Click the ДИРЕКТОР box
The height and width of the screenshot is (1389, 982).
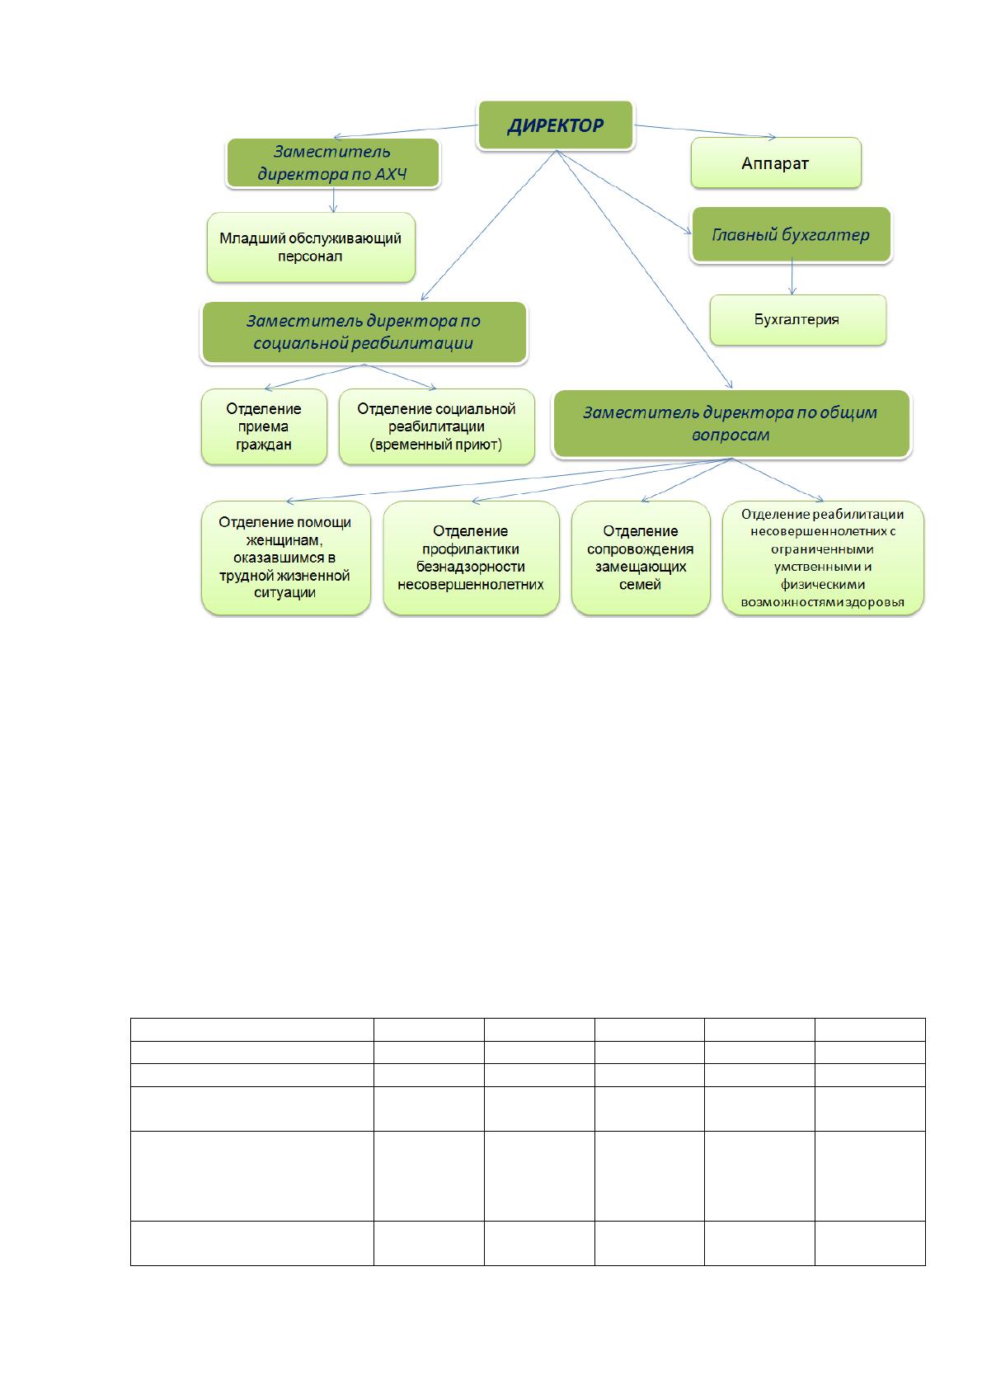(x=556, y=125)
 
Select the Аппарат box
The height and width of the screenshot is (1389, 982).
(x=776, y=163)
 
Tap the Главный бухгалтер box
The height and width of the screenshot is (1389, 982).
(x=791, y=234)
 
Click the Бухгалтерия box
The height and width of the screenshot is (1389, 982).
(x=798, y=320)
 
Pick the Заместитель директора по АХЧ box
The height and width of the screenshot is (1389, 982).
(x=333, y=162)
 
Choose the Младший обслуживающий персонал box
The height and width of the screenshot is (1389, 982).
(x=311, y=247)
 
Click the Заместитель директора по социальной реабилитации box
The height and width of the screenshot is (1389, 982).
(x=364, y=332)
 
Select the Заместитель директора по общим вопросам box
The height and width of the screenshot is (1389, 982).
(x=731, y=423)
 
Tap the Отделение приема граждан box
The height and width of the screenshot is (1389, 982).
(x=264, y=426)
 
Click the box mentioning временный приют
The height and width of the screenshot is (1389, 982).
(x=436, y=426)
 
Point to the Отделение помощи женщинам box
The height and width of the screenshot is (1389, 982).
(x=286, y=558)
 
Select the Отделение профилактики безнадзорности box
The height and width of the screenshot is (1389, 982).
(x=471, y=558)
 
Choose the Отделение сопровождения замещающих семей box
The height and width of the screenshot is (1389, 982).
(x=641, y=558)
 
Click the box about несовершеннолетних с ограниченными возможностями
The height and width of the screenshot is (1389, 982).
(x=823, y=558)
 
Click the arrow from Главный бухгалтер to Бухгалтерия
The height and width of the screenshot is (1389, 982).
(x=792, y=278)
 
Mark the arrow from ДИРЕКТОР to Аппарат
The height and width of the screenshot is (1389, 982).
(x=705, y=131)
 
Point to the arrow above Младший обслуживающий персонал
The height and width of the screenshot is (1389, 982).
(x=334, y=200)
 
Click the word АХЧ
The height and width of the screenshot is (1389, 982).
(x=391, y=174)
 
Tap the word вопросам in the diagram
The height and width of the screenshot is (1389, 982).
(x=731, y=436)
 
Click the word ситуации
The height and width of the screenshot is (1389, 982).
(x=285, y=593)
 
